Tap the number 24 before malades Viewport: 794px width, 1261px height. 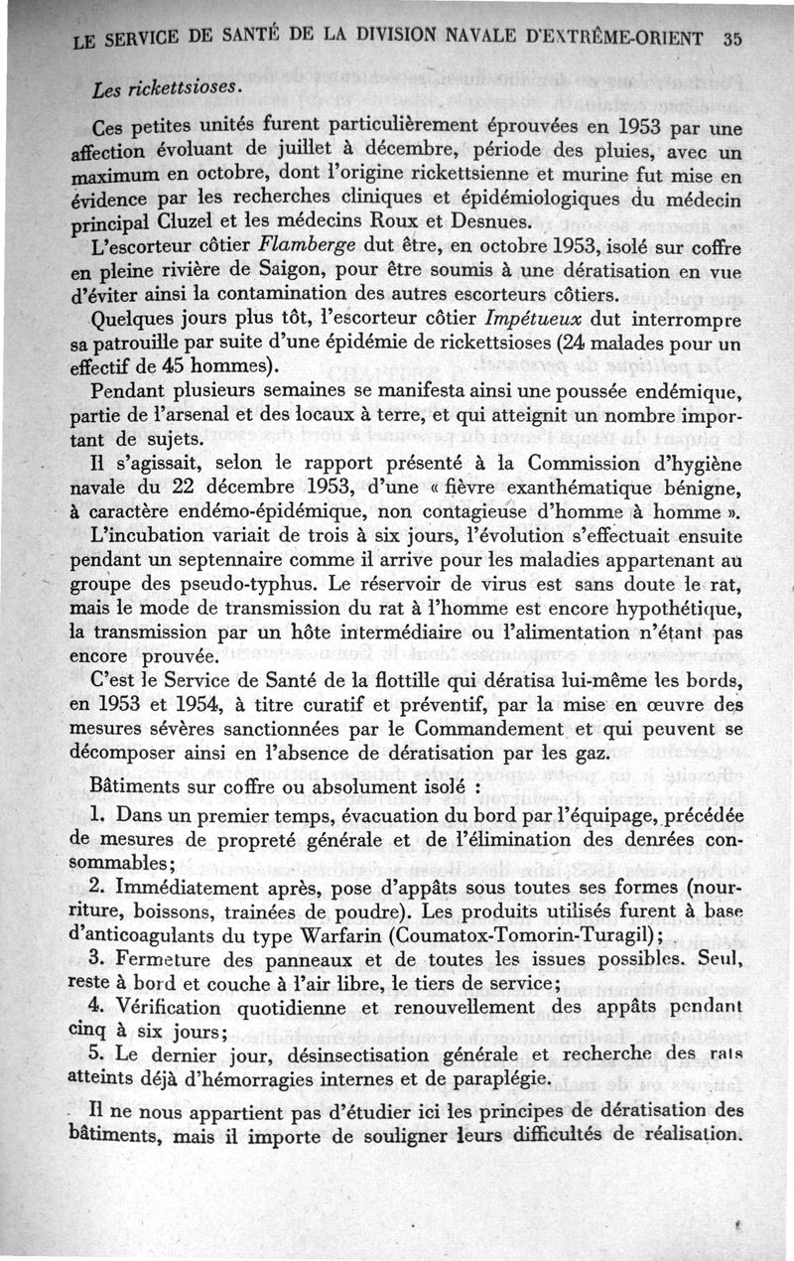(x=538, y=345)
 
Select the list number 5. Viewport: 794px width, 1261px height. (x=95, y=1052)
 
